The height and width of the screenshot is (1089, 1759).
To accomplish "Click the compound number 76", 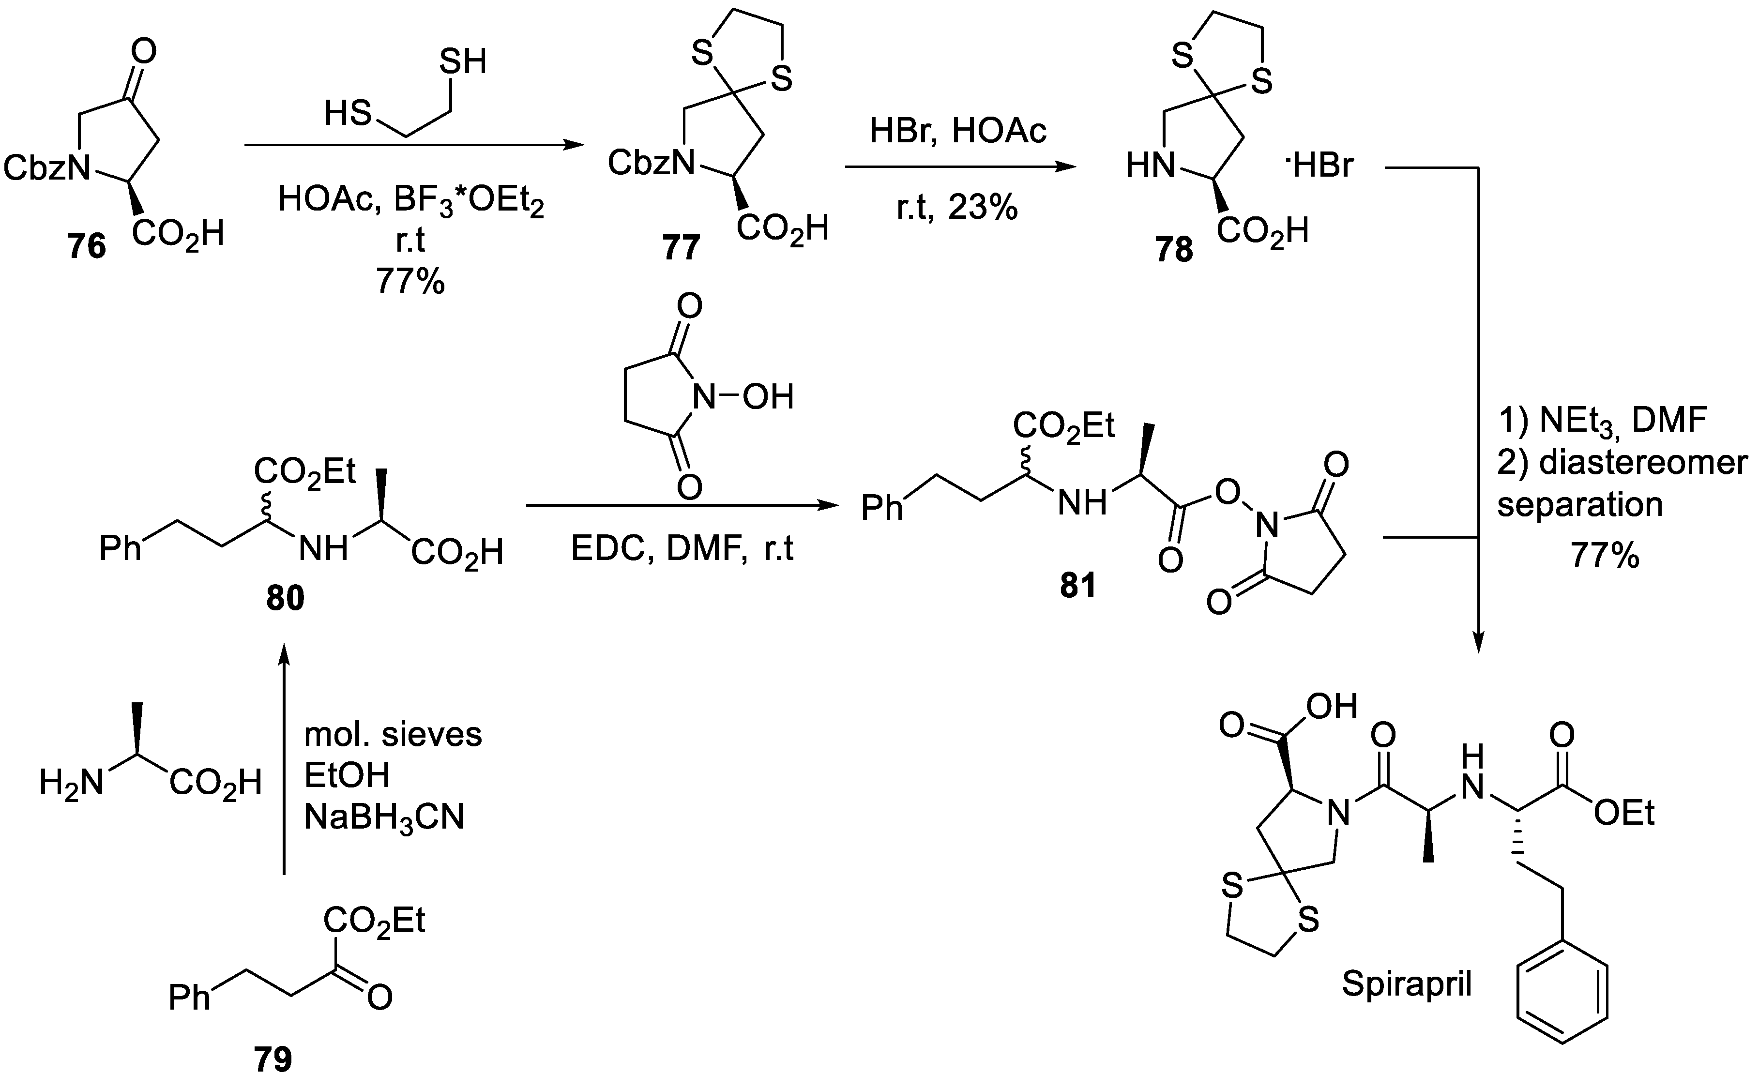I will pos(87,247).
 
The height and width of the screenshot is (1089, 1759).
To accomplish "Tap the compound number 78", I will pos(1174,250).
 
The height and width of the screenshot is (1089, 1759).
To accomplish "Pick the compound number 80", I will pos(285,598).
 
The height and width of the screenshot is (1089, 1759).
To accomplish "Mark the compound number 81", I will pos(1077,586).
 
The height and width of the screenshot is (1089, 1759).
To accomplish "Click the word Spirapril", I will pos(1406,984).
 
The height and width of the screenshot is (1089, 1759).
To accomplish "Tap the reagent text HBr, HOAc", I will pos(958,132).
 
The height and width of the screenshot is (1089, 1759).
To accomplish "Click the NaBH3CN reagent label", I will pos(384,817).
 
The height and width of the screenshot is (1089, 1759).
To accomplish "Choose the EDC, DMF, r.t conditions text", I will pos(682,549).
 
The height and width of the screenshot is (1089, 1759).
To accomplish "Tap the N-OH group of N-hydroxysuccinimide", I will pos(742,397).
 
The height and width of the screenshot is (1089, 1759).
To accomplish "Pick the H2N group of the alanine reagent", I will pos(71,783).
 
